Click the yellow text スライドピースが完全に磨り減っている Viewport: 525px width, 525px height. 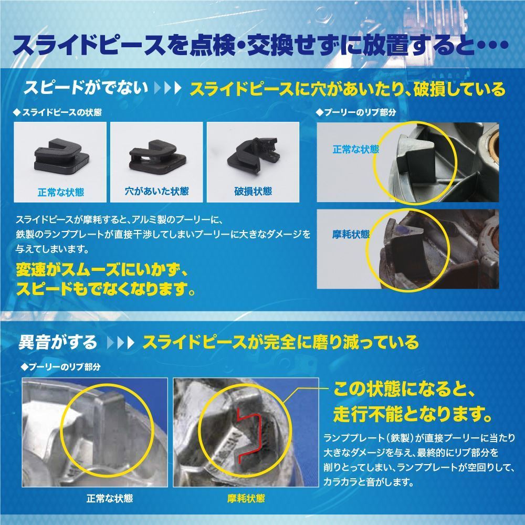281,343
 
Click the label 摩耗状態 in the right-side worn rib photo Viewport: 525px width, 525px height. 351,234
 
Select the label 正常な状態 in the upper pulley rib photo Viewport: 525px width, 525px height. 355,149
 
